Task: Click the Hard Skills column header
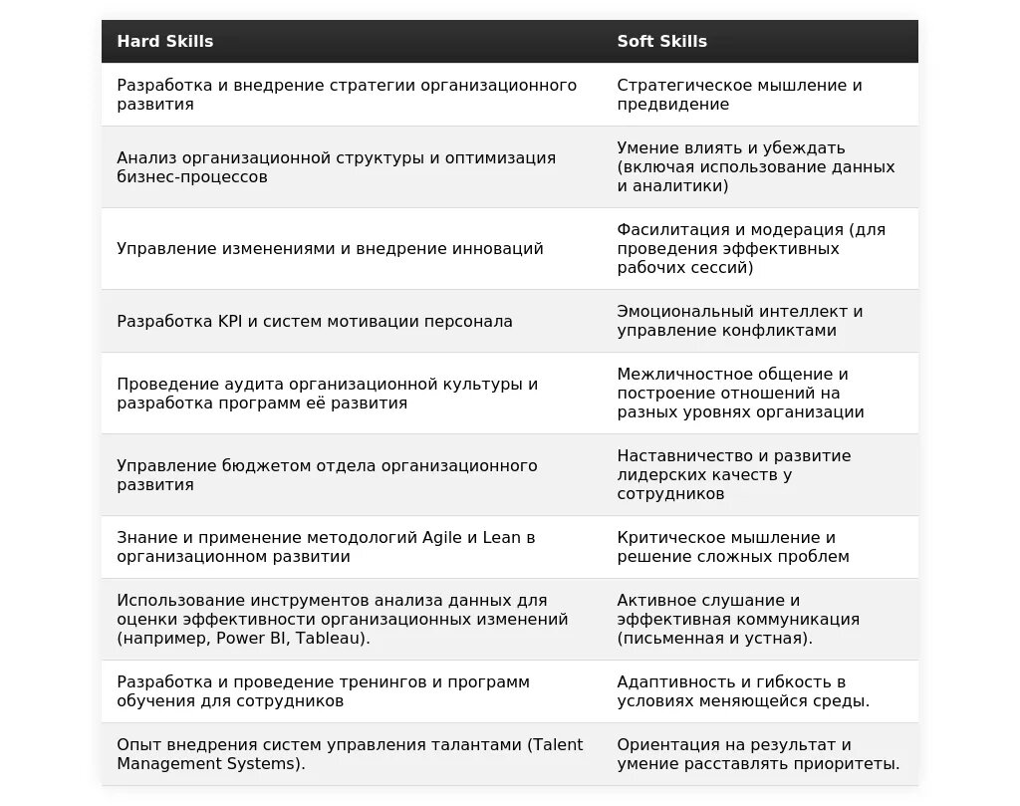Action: point(165,41)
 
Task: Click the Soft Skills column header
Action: point(661,41)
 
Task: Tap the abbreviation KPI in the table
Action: point(230,321)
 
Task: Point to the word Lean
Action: point(502,537)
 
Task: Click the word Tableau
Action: point(333,639)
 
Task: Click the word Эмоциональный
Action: point(684,311)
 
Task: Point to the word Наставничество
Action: point(686,455)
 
